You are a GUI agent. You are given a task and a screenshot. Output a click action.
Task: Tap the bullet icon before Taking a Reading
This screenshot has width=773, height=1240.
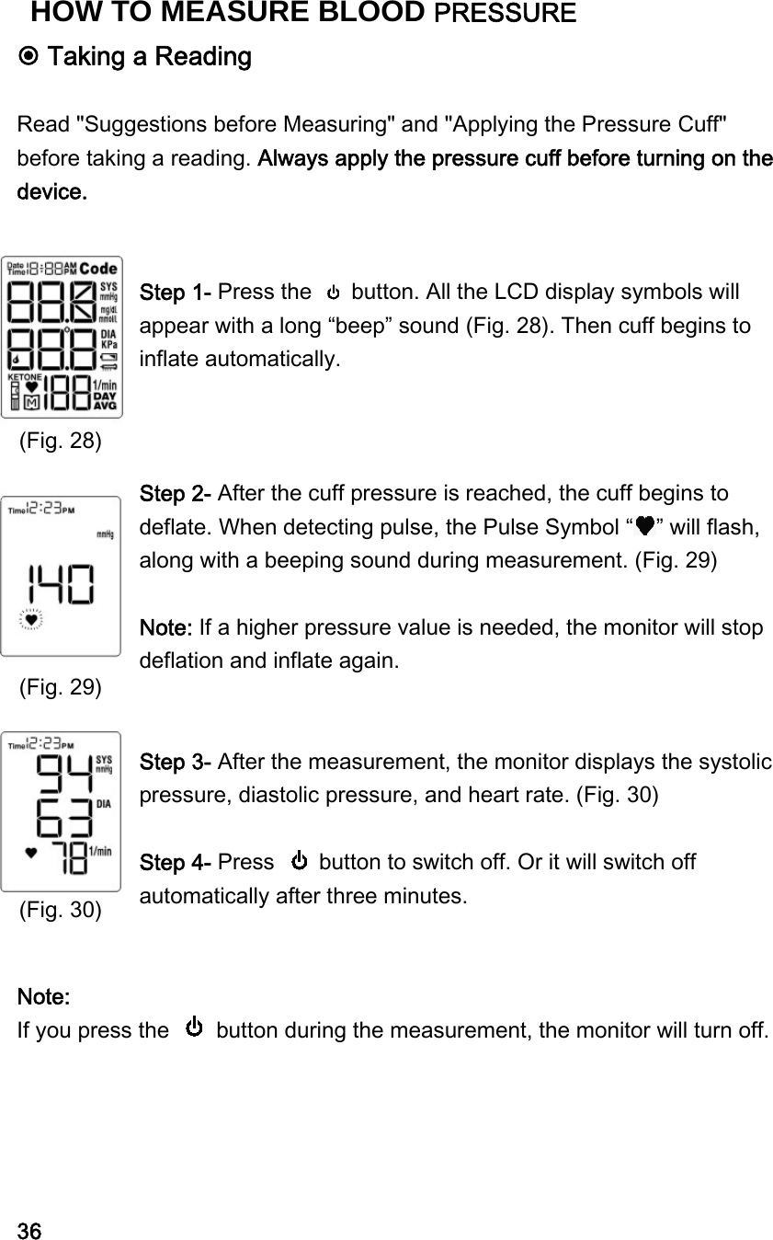click(x=28, y=57)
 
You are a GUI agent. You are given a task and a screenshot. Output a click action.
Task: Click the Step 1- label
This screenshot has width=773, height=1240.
click(x=176, y=293)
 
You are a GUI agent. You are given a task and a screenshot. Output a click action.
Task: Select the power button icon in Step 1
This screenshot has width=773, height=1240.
click(x=334, y=293)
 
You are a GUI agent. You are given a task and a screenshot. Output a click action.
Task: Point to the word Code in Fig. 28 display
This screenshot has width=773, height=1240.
click(x=97, y=269)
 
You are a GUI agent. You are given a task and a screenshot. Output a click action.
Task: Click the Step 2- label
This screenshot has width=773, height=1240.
click(x=176, y=492)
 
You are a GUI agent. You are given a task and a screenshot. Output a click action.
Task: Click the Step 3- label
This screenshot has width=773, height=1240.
click(x=176, y=763)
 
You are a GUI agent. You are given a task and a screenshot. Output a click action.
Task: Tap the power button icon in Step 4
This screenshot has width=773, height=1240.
click(x=300, y=862)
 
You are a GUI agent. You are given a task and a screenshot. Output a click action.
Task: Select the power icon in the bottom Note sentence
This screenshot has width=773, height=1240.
click(x=194, y=1027)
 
